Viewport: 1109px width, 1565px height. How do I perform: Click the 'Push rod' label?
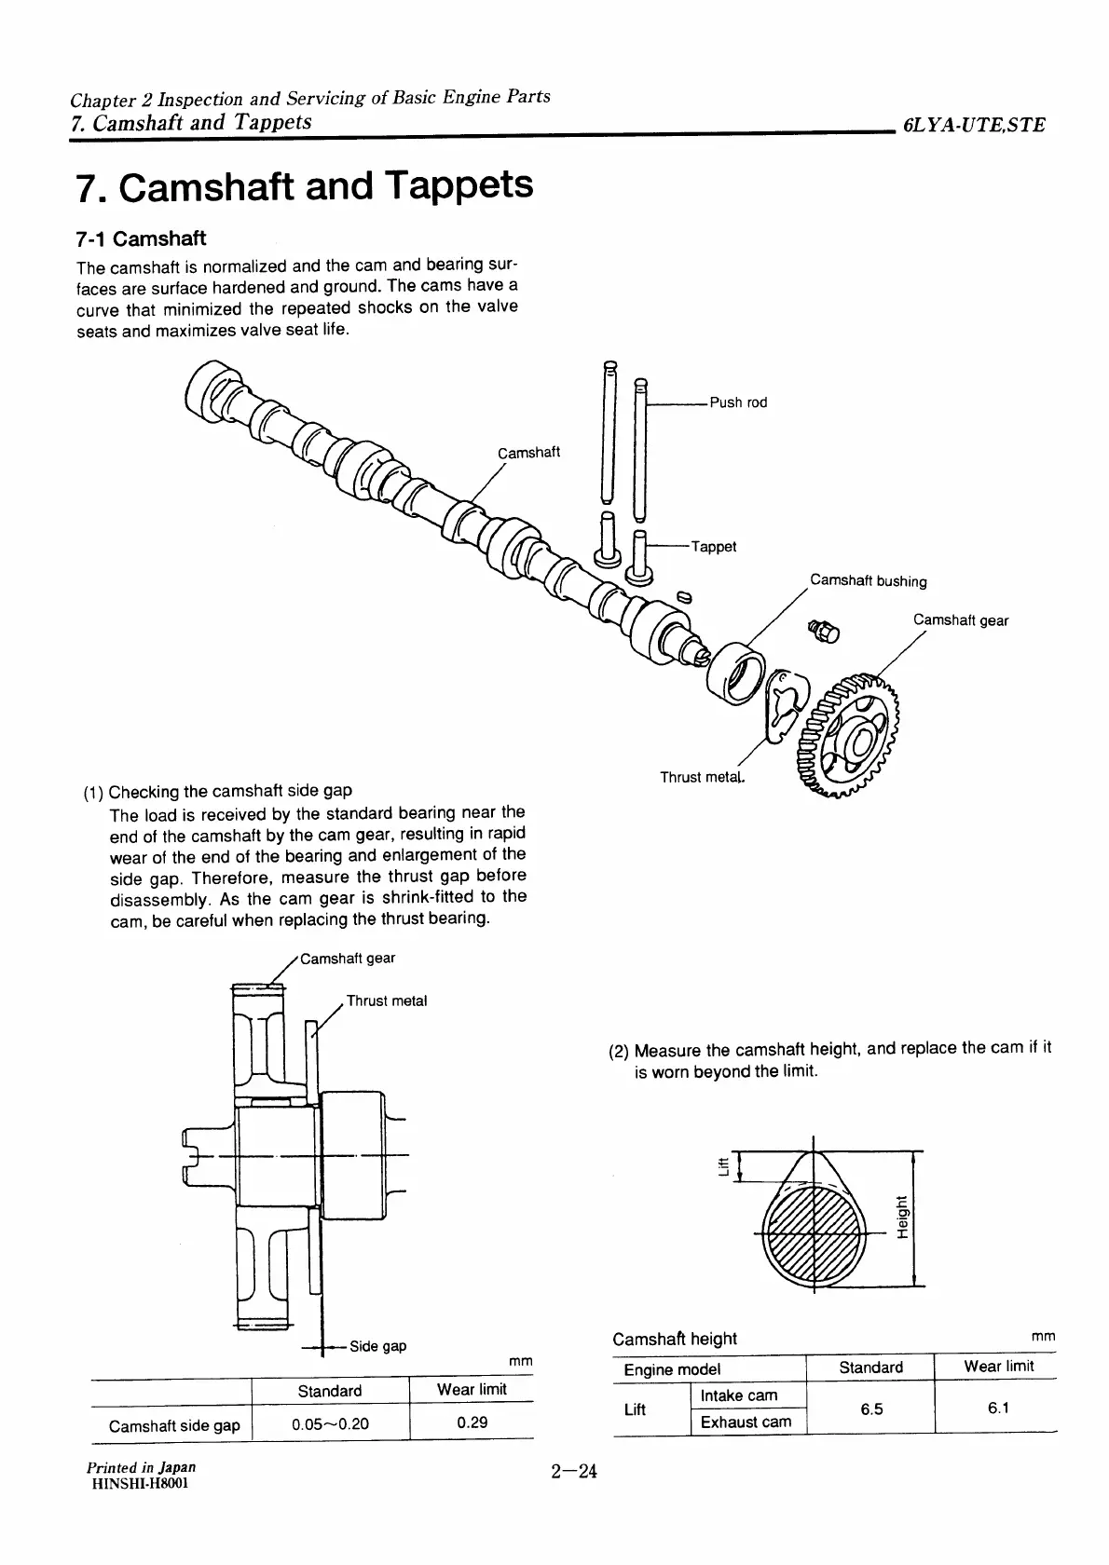(738, 402)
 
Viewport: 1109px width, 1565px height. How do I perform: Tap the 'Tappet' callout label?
(714, 547)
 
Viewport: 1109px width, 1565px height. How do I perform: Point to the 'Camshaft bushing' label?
(868, 581)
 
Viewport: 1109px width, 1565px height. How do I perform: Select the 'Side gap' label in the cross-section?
(377, 1346)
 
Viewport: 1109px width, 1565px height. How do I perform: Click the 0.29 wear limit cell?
(472, 1422)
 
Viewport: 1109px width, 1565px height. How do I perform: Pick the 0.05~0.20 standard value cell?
(330, 1424)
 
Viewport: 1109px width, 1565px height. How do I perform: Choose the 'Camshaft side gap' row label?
(174, 1425)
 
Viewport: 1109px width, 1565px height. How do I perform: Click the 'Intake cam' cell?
(738, 1395)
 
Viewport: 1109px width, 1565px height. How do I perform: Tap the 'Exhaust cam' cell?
(746, 1422)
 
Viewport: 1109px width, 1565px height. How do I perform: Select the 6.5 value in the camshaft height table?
(871, 1409)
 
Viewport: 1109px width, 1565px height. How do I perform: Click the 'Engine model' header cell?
(672, 1369)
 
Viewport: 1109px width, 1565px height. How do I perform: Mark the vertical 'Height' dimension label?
(901, 1216)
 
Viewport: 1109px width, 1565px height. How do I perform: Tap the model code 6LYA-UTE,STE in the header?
(973, 125)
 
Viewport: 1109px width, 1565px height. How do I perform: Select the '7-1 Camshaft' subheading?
(141, 238)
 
